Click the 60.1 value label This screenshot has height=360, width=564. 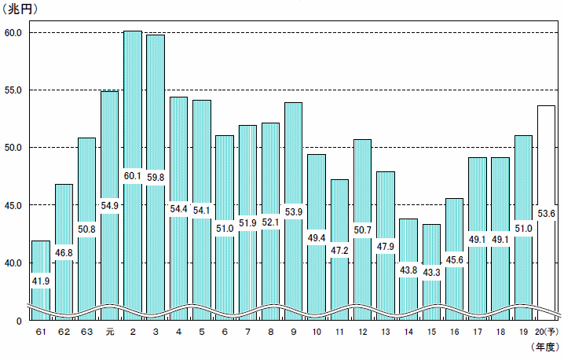[x=133, y=176]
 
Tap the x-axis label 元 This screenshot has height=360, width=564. [x=110, y=332]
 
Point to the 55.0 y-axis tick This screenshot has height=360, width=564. [x=13, y=90]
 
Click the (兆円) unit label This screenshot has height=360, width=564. [x=20, y=9]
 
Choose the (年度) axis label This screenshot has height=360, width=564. [x=545, y=347]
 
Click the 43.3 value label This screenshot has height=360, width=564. [x=431, y=273]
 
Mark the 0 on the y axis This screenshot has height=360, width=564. [x=19, y=321]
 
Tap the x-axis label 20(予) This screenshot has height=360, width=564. [x=547, y=332]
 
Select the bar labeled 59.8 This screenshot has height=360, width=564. [x=156, y=175]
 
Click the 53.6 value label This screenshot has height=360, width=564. [x=546, y=214]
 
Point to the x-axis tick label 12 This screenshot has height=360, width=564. [x=363, y=332]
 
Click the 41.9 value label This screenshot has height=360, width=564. [x=41, y=281]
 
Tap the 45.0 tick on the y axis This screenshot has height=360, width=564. [x=13, y=206]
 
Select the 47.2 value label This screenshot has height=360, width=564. [x=339, y=250]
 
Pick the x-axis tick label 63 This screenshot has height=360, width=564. [x=86, y=332]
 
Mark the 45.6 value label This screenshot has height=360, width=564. [x=454, y=260]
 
